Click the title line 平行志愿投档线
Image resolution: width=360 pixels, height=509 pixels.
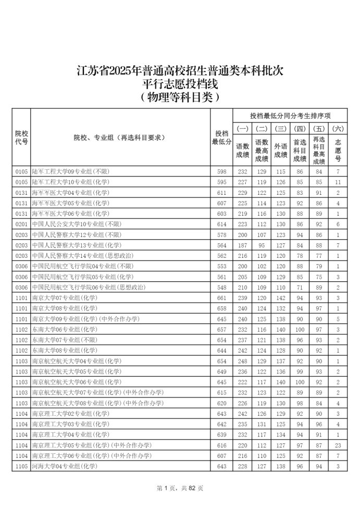[180, 84]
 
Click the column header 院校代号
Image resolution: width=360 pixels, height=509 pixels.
[21, 138]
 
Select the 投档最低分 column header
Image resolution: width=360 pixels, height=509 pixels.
[221, 138]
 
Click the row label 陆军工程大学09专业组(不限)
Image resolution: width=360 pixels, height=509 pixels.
[71, 171]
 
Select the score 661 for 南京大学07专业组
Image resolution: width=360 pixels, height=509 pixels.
[221, 297]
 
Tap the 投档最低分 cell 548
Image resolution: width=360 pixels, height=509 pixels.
[221, 287]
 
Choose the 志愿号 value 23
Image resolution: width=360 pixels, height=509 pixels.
[338, 445]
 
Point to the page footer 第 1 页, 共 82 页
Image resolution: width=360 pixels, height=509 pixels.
[180, 488]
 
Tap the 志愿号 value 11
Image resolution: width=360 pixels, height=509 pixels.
[338, 182]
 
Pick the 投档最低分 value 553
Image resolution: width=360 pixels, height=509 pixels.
[221, 266]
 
